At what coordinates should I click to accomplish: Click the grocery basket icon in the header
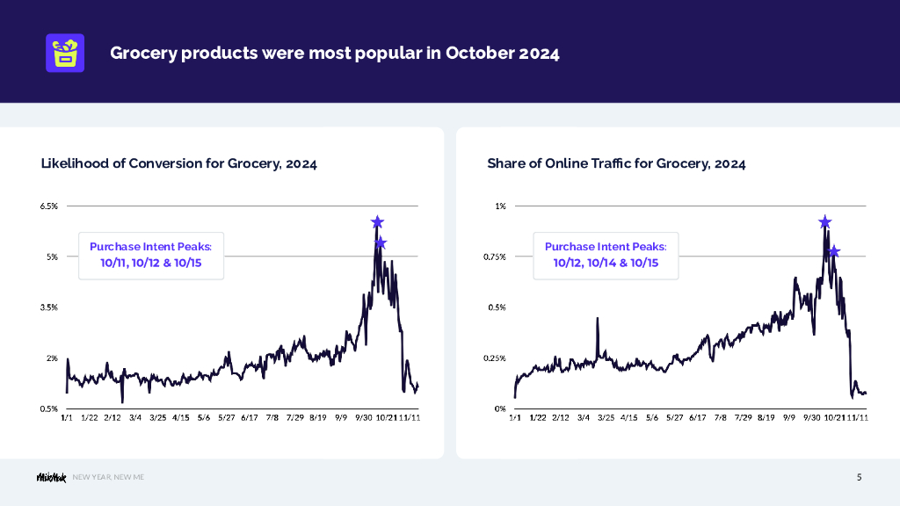64,53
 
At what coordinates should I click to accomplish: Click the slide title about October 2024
334,53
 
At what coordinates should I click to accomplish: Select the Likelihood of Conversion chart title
178,163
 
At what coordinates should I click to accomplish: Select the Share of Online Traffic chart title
616,163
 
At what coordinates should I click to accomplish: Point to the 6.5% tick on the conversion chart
49,206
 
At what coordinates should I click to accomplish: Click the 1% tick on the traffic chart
501,206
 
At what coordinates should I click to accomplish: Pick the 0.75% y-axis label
495,257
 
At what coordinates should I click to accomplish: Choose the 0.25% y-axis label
495,358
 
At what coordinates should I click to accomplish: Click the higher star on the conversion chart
377,222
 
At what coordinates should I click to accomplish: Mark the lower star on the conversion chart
381,243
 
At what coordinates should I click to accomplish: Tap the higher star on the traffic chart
825,222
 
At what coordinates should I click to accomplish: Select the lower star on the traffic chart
834,252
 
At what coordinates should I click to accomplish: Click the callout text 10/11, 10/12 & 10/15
151,263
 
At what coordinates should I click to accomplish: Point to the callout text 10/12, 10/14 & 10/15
606,263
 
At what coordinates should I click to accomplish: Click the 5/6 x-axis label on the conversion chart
204,418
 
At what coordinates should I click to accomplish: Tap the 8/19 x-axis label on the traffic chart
766,418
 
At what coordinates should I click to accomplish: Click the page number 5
860,478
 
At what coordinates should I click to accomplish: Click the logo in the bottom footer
50,477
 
